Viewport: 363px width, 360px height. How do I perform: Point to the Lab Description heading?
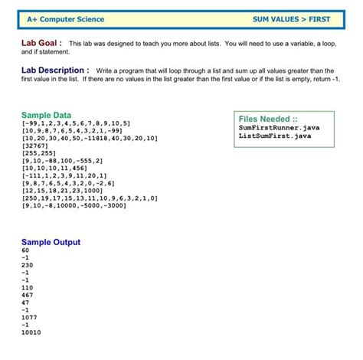pos(56,70)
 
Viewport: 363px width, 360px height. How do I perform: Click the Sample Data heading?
pos(46,115)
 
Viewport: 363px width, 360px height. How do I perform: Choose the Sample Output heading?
pos(51,242)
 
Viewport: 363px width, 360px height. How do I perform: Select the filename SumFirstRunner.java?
pos(279,128)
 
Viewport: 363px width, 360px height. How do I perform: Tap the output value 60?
pos(26,250)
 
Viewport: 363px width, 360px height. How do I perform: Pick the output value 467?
pos(28,295)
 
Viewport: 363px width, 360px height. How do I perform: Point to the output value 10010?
pos(31,332)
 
